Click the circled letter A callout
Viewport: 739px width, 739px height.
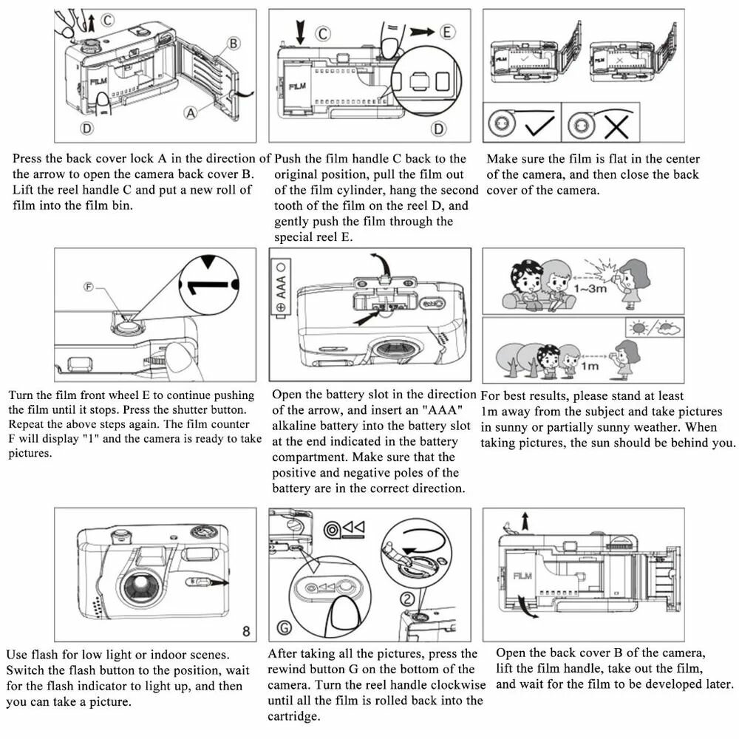pyautogui.click(x=191, y=113)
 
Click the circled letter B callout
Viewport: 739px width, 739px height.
pyautogui.click(x=233, y=44)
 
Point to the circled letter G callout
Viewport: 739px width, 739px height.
pyautogui.click(x=285, y=629)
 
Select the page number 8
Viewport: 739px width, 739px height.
pyautogui.click(x=246, y=630)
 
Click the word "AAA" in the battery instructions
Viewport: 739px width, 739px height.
pyautogui.click(x=443, y=410)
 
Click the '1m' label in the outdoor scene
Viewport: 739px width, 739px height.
pyautogui.click(x=589, y=365)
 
